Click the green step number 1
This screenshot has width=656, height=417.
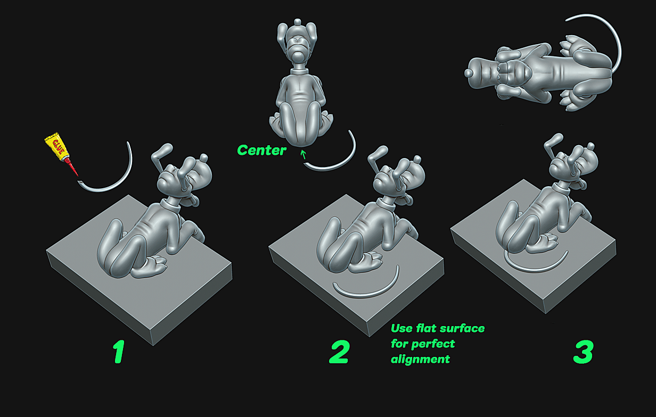[x=119, y=352]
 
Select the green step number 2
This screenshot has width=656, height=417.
[x=339, y=352]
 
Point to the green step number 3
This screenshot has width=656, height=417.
[x=583, y=352]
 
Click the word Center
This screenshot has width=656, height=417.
[x=261, y=151]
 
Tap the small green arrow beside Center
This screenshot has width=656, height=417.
[x=304, y=154]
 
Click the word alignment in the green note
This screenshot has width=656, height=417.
[x=420, y=359]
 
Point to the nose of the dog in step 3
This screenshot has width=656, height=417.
[x=591, y=146]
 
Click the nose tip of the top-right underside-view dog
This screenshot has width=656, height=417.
[x=468, y=73]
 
